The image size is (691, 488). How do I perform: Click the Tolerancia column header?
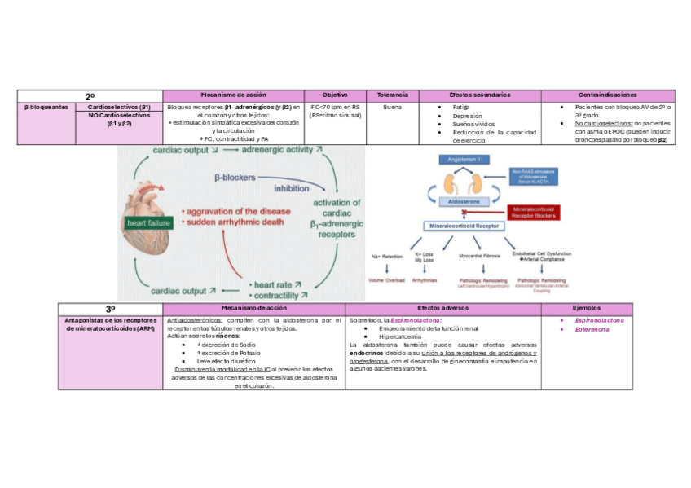click(x=393, y=95)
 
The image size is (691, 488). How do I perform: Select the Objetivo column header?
click(x=335, y=95)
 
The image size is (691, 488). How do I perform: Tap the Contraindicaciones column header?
click(x=607, y=95)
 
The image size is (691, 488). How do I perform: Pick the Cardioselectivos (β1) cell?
click(x=120, y=107)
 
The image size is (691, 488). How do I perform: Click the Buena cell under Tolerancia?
click(x=393, y=107)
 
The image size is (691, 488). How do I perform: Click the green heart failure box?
click(x=147, y=222)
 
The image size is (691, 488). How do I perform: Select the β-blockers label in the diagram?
click(x=234, y=176)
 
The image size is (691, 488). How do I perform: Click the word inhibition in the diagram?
click(x=291, y=188)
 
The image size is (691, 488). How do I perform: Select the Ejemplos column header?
click(x=587, y=309)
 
